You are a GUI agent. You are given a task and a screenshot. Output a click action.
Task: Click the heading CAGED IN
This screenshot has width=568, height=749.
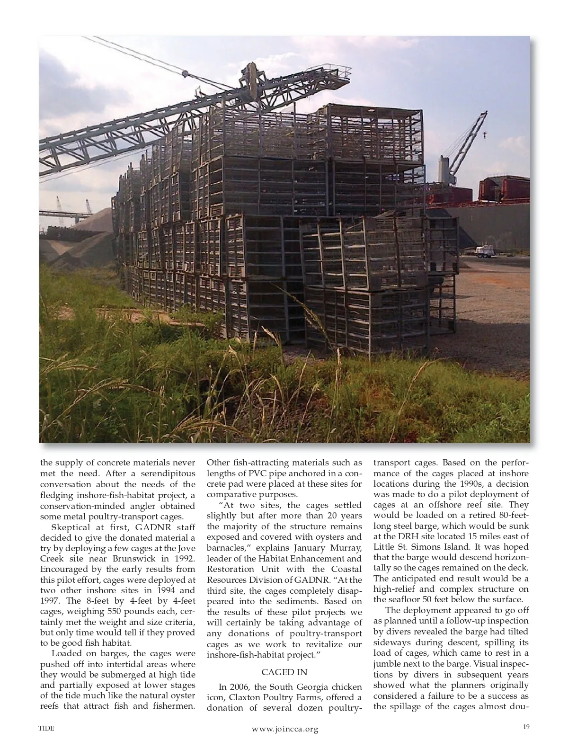coord(284,672)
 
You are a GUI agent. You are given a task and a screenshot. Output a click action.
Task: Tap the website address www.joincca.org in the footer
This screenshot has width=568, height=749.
coord(285,729)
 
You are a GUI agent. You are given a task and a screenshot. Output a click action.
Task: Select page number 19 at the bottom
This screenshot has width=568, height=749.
coord(526,727)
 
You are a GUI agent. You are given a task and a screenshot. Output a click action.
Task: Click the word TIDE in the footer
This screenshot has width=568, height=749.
coord(46,728)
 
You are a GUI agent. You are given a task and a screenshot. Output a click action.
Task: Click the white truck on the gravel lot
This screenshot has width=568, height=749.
coord(484,250)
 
